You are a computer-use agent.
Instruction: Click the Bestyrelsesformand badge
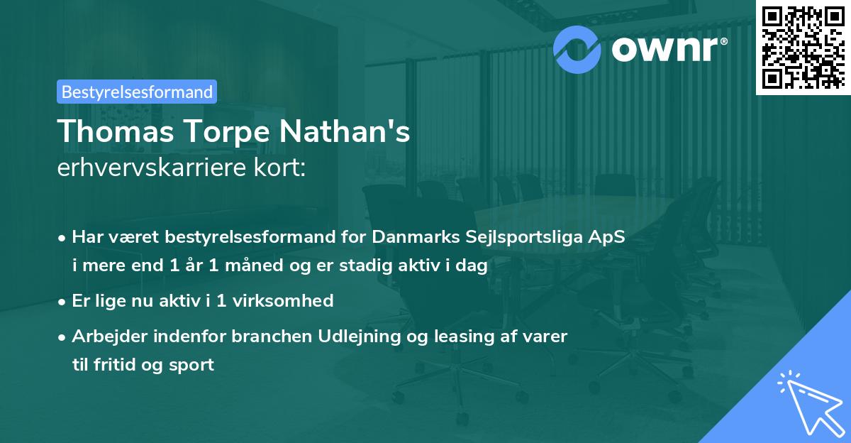[x=137, y=92]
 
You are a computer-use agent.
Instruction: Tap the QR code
[x=803, y=47]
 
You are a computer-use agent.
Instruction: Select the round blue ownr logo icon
[x=577, y=48]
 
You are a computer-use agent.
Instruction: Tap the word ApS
[x=608, y=237]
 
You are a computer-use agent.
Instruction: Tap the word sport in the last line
[x=191, y=365]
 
